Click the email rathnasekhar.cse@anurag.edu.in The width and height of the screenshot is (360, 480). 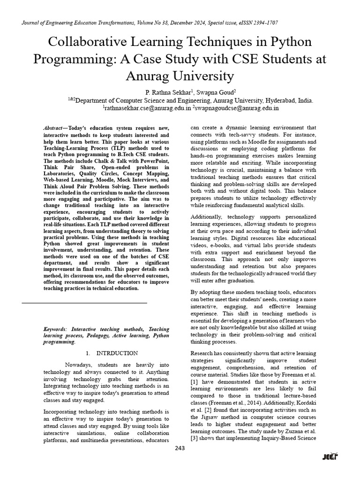pyautogui.click(x=147, y=108)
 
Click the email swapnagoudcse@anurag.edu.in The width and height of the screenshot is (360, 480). pyautogui.click(x=237, y=108)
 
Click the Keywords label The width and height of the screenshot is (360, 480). pyautogui.click(x=55, y=330)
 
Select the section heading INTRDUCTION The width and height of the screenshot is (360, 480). pyautogui.click(x=117, y=353)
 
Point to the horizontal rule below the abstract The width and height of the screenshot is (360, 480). pyautogui.click(x=84, y=303)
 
